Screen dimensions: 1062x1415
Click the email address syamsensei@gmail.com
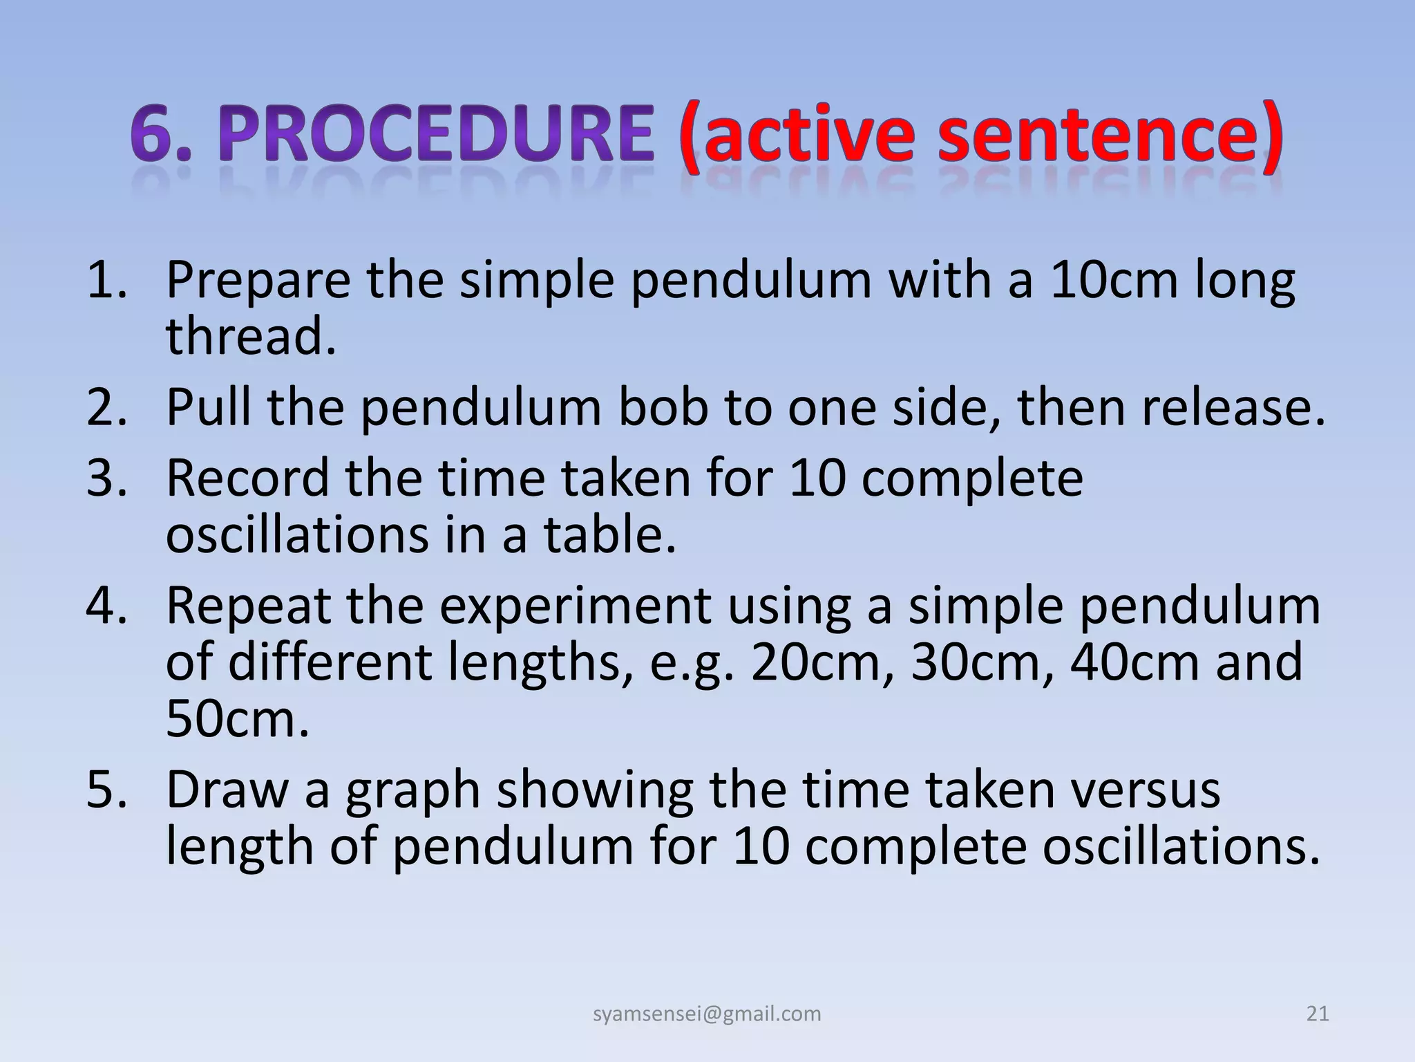coord(707,1014)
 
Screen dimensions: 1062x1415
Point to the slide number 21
coord(1318,1014)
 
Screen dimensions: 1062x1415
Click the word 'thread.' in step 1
coord(251,337)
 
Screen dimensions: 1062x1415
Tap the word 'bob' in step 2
coord(664,408)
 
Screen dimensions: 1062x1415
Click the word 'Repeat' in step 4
coord(247,606)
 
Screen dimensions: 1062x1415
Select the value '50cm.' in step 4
coord(237,720)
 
